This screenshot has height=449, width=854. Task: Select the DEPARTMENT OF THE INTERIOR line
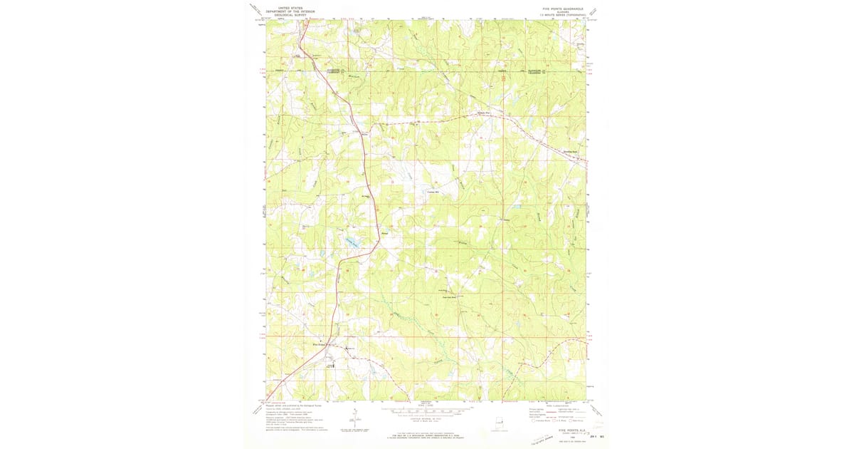(x=281, y=10)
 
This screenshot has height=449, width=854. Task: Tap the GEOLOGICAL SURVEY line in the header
(x=281, y=14)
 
